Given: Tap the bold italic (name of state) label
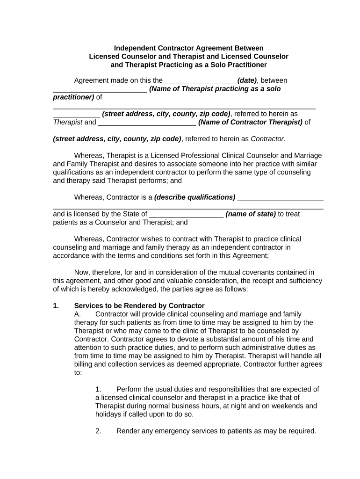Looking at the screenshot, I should point(251,214).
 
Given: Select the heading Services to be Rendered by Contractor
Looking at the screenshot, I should point(139,306).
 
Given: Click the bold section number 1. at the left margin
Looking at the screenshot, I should point(56,306).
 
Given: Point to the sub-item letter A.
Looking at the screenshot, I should point(78,314).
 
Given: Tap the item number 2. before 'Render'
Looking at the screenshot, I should point(98,431).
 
